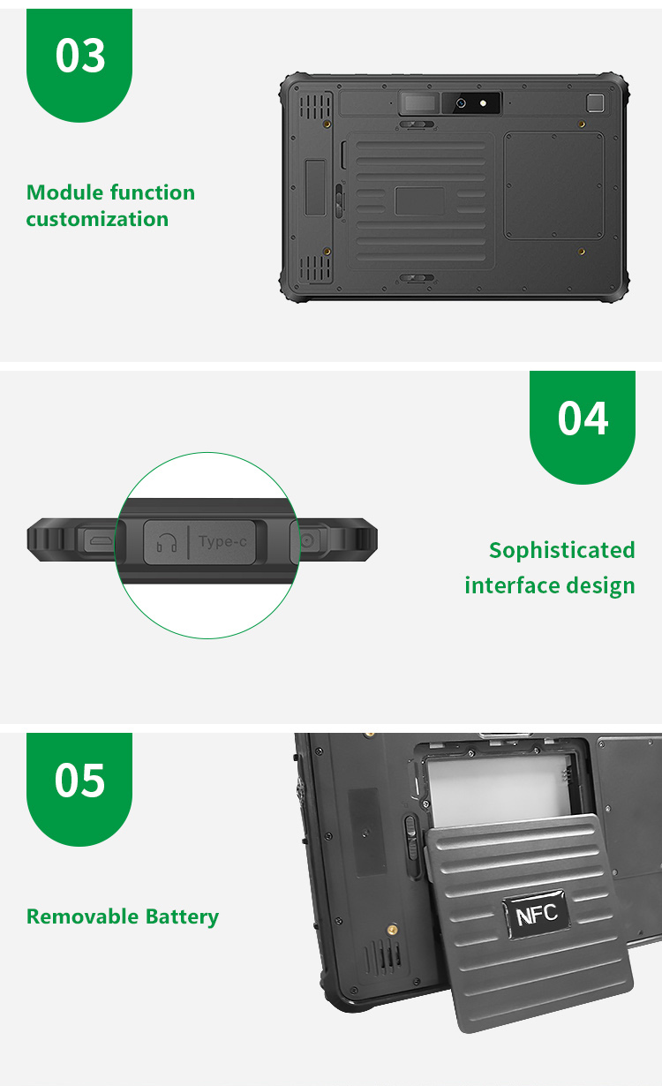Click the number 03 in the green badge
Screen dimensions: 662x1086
click(x=80, y=56)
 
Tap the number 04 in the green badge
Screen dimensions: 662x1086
click(x=583, y=418)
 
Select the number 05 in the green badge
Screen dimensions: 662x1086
click(x=80, y=781)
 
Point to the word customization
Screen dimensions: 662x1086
click(x=97, y=219)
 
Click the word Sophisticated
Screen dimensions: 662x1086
click(x=561, y=551)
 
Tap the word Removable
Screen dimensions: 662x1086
click(x=82, y=916)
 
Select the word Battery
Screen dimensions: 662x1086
click(x=182, y=917)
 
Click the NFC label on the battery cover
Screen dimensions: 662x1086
click(x=537, y=915)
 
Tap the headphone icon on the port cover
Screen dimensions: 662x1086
click(x=166, y=542)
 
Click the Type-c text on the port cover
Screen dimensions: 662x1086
click(x=222, y=541)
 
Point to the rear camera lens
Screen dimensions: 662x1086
click(x=461, y=102)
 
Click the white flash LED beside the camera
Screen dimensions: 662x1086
click(x=483, y=102)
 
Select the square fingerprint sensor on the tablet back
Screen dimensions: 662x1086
click(x=595, y=103)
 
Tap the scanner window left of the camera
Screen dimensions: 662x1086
click(x=419, y=102)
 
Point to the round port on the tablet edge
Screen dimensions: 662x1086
click(x=308, y=540)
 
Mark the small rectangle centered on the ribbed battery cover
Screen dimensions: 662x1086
click(x=419, y=201)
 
